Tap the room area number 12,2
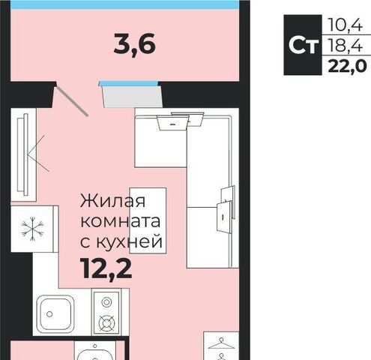tap(106, 268)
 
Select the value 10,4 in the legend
tap(345, 25)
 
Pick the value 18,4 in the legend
tap(345, 46)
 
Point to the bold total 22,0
tap(347, 66)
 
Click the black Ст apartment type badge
tap(303, 45)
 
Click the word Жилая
tap(112, 201)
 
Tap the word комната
tap(121, 221)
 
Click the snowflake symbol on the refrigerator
tap(32, 229)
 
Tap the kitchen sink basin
tap(55, 313)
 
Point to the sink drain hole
tap(49, 314)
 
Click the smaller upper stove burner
tap(106, 302)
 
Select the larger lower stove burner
tap(106, 322)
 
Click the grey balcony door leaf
tap(72, 101)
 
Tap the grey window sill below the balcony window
tap(133, 97)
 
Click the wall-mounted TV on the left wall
tap(22, 154)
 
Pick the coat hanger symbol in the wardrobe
tap(221, 344)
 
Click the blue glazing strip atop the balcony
tap(125, 4)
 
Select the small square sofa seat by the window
tap(160, 138)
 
